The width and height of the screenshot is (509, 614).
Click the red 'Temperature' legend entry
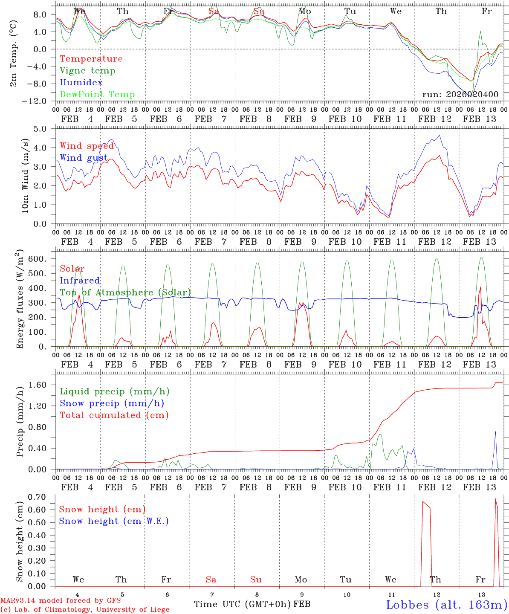(x=91, y=59)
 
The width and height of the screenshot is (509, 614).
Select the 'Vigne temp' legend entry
(x=87, y=71)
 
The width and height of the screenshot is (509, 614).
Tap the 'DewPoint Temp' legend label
(x=97, y=95)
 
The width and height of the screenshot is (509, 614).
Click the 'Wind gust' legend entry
(x=84, y=158)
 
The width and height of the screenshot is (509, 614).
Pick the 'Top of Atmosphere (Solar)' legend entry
(x=125, y=293)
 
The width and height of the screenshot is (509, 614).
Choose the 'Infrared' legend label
(x=80, y=281)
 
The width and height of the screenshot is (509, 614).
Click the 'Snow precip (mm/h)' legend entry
(x=112, y=403)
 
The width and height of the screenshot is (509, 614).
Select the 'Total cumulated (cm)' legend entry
(x=114, y=415)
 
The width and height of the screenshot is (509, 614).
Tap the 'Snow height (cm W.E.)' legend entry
(x=114, y=521)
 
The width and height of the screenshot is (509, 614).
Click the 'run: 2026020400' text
(x=460, y=95)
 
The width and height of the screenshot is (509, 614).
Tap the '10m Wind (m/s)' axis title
(x=25, y=176)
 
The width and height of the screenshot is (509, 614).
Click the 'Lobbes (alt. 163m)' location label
(x=446, y=605)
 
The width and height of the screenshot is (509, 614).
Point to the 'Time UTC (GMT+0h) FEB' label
(x=252, y=604)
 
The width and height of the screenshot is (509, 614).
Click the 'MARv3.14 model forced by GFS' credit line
(x=61, y=601)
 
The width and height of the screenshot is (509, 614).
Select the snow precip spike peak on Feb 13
(x=495, y=432)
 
